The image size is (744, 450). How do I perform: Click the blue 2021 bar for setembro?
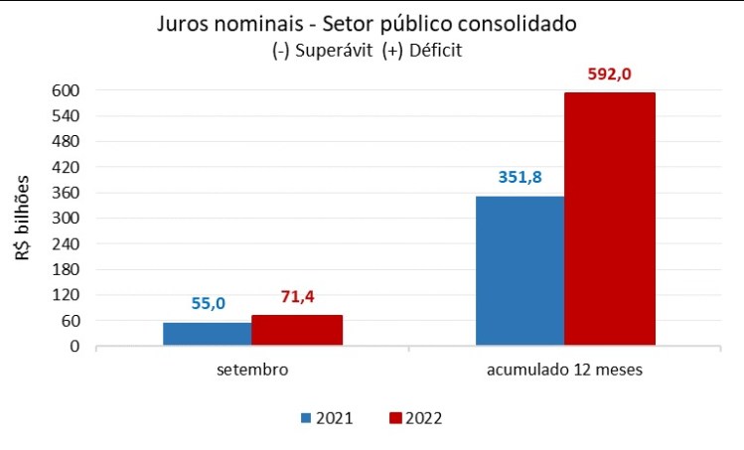pyautogui.click(x=207, y=334)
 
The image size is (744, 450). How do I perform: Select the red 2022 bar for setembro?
pyautogui.click(x=297, y=330)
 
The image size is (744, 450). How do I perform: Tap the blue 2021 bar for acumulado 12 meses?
pyautogui.click(x=520, y=270)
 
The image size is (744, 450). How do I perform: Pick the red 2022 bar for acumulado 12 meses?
pyautogui.click(x=610, y=219)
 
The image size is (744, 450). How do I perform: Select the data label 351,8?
pyautogui.click(x=519, y=179)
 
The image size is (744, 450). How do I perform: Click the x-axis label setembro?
pyautogui.click(x=252, y=371)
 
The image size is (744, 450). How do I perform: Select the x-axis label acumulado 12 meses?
pyautogui.click(x=564, y=371)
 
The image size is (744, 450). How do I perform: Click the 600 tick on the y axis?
pyautogui.click(x=66, y=90)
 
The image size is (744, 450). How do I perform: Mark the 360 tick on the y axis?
pyautogui.click(x=66, y=193)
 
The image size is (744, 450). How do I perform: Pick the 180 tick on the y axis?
pyautogui.click(x=66, y=269)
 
